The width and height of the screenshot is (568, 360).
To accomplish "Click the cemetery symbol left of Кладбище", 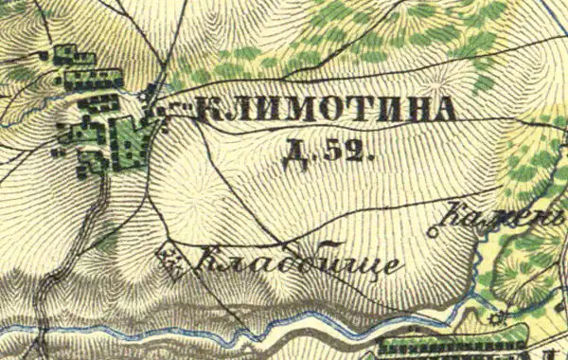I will (x=170, y=258).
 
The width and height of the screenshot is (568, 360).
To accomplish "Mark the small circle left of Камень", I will (x=436, y=229).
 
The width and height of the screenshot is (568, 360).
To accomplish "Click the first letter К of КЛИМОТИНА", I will (x=207, y=112).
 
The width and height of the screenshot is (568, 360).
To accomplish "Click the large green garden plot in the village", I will (x=128, y=142).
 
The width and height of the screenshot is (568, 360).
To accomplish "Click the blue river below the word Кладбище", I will (x=284, y=327).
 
